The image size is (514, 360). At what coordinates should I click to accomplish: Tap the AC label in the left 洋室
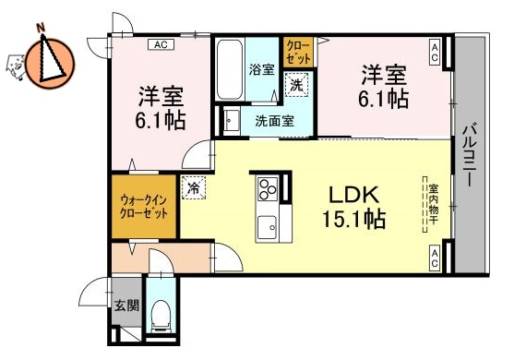(x=160, y=43)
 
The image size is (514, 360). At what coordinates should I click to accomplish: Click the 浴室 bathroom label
(x=261, y=68)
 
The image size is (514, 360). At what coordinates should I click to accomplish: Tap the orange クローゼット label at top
(x=297, y=52)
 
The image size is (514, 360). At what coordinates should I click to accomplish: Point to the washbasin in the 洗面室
(x=231, y=120)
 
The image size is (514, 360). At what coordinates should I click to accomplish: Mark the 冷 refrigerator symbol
(x=194, y=187)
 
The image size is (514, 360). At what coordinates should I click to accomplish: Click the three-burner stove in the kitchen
(x=267, y=190)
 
